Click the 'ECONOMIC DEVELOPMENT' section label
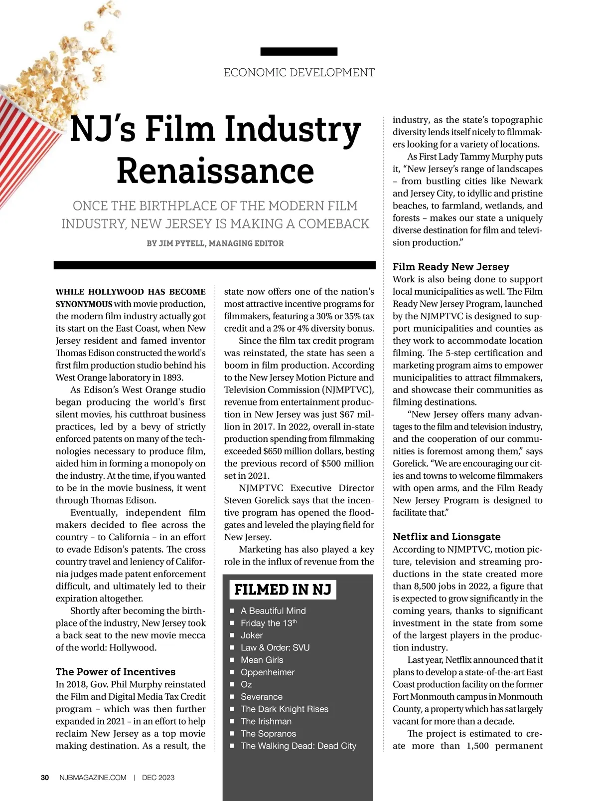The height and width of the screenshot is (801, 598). click(299, 73)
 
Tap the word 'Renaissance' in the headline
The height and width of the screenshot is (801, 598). click(215, 171)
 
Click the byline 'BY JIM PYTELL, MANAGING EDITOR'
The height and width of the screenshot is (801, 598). click(215, 243)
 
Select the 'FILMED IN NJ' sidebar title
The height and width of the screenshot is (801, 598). click(283, 590)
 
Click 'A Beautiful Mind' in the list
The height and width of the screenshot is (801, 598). click(273, 611)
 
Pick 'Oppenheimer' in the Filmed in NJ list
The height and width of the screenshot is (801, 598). click(268, 672)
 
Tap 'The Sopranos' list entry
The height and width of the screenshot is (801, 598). click(268, 734)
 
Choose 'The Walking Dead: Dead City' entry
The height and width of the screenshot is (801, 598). click(298, 746)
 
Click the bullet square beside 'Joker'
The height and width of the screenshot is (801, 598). click(232, 636)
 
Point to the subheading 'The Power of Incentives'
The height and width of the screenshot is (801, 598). click(116, 672)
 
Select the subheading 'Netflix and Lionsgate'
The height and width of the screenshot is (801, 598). click(447, 537)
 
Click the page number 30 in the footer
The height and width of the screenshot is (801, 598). click(45, 778)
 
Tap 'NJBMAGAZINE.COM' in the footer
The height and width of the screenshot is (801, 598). click(93, 778)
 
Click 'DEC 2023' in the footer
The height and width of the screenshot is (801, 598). click(158, 778)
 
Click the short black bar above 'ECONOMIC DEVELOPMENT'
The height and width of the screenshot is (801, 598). click(299, 51)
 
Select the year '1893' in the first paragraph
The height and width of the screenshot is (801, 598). click(172, 378)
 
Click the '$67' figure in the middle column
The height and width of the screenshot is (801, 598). click(346, 415)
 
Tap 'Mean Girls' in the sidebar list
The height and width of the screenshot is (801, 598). click(262, 660)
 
